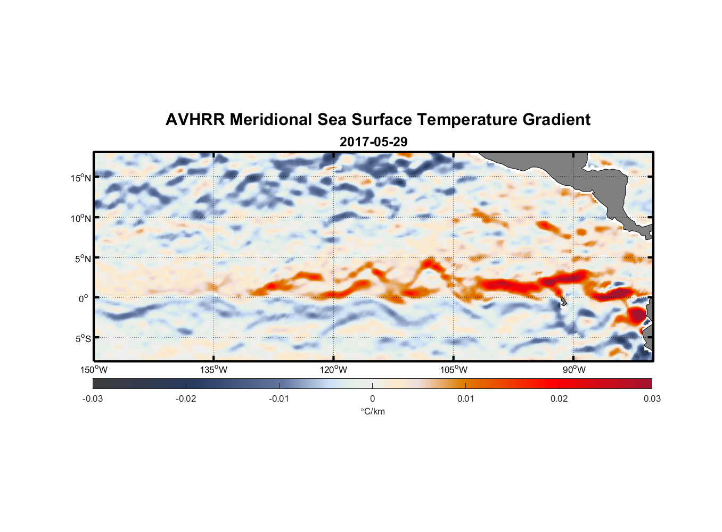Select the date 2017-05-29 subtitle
[x=373, y=142]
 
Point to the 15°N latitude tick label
[x=81, y=178]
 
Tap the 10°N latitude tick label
[x=81, y=218]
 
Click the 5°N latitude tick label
[x=83, y=259]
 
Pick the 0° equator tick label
[x=84, y=298]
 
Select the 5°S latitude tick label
[x=83, y=339]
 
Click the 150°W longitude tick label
[x=94, y=370]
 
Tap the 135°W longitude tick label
[x=214, y=370]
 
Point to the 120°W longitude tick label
[x=334, y=370]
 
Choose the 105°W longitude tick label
[x=454, y=370]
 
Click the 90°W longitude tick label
[x=574, y=370]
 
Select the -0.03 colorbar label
[x=93, y=398]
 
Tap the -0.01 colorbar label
[x=279, y=398]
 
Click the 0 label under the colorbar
[x=372, y=398]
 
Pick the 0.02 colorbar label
[x=559, y=398]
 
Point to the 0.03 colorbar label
[x=652, y=398]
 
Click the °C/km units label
[x=373, y=411]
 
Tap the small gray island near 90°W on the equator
[x=563, y=302]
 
